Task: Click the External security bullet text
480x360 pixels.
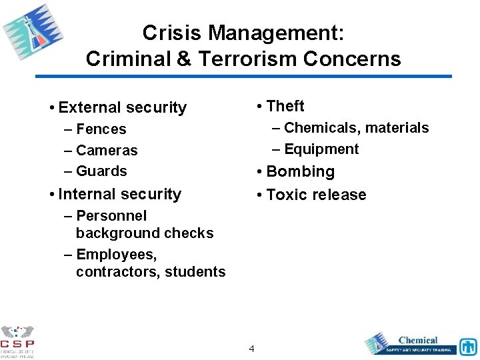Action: (122, 107)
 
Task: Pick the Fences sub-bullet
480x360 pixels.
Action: (101, 129)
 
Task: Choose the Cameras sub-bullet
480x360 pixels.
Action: (107, 151)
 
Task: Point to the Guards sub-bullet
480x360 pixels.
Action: (101, 171)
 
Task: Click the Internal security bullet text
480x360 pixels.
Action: (119, 194)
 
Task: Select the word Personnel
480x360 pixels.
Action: (111, 216)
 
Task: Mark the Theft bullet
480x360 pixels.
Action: (285, 106)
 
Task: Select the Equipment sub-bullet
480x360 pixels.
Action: (321, 149)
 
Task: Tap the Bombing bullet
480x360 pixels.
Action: (300, 171)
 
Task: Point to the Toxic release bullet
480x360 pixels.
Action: (316, 195)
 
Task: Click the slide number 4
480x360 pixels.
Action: (251, 348)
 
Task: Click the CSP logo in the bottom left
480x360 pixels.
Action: (17, 341)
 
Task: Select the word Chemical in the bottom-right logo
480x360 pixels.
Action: (418, 340)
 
